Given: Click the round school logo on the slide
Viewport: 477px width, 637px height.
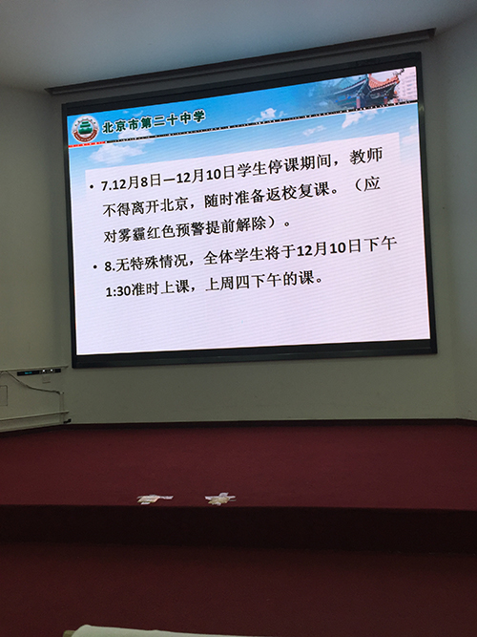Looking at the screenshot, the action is click(85, 130).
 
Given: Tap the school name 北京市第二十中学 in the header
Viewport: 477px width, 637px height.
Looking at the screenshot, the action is click(154, 121).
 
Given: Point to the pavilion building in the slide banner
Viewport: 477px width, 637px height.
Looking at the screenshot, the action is click(367, 90).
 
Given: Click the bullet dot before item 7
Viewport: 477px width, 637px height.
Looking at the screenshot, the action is click(91, 188).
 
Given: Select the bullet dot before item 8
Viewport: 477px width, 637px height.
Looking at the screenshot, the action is click(94, 266).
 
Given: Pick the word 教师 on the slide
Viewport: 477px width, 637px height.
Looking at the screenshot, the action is click(365, 157).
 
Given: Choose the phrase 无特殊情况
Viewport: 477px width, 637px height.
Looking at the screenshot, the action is click(152, 262).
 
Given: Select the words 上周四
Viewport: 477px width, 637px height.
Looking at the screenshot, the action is click(227, 283).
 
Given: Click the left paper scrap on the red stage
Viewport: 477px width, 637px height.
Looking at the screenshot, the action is click(155, 499).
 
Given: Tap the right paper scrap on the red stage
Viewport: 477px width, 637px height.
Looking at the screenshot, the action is click(219, 499).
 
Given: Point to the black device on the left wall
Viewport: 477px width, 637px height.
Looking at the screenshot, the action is click(39, 372).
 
